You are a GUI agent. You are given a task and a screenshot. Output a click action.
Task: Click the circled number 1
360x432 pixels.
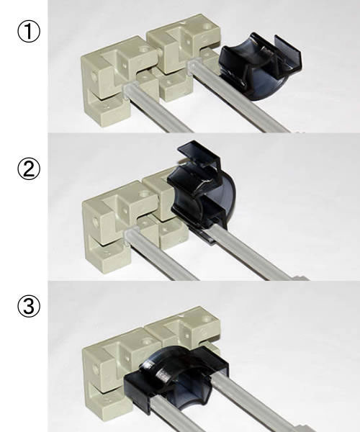coord(29,32)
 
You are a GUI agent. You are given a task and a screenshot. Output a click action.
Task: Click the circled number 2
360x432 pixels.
coord(29,169)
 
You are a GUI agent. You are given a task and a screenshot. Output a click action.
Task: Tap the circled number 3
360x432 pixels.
coord(29,307)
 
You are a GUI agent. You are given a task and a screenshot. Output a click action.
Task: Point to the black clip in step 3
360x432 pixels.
coord(176,377)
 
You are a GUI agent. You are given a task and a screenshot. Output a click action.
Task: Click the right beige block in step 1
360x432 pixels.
coord(183,55)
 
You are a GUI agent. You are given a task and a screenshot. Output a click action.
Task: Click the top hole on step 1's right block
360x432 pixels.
coord(207,27)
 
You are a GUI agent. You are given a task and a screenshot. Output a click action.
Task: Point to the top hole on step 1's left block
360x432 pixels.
coord(143,50)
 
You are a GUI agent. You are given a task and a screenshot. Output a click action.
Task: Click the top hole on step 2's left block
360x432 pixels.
coord(144,195)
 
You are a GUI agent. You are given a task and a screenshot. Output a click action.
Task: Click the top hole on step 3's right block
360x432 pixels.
coord(207,320)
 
